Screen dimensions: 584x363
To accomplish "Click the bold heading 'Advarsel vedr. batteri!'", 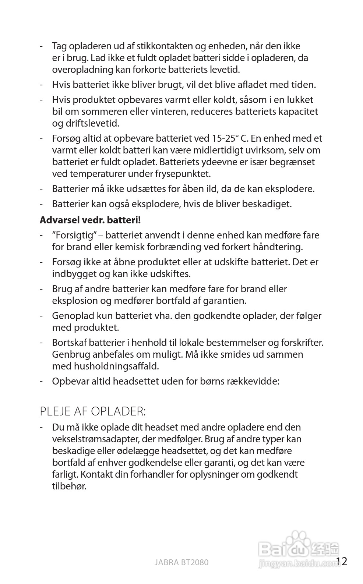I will pyautogui.click(x=90, y=220).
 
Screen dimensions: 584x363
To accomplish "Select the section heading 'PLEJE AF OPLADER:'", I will pyautogui.click(x=93, y=411).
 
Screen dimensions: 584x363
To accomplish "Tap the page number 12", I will pyautogui.click(x=342, y=562).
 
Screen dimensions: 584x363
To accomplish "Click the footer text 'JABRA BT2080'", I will pyautogui.click(x=181, y=562).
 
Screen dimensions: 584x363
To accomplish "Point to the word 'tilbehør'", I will pyautogui.click(x=69, y=486).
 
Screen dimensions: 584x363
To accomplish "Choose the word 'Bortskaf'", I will pyautogui.click(x=70, y=343).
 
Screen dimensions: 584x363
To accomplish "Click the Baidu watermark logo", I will pyautogui.click(x=298, y=548).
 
